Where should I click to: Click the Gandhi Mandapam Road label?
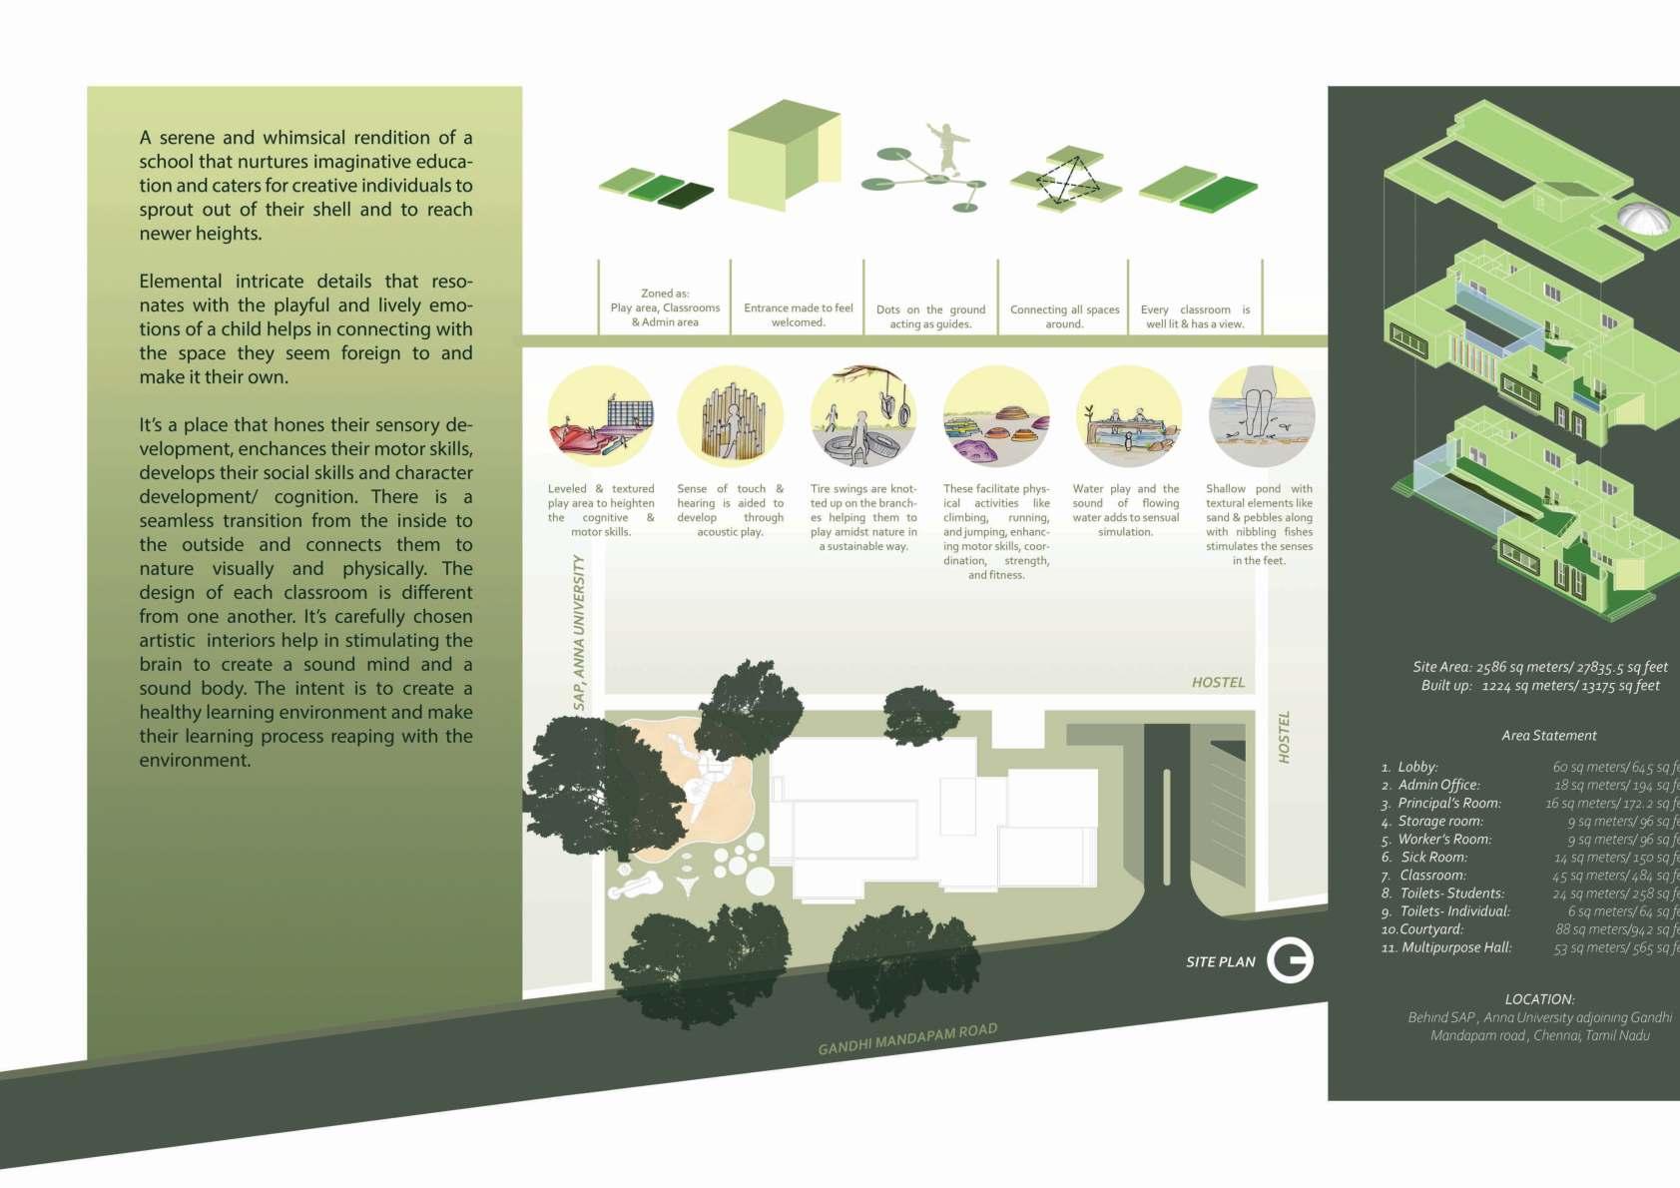click(907, 1039)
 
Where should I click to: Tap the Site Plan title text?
click(1220, 962)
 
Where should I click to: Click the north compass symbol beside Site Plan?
click(1290, 960)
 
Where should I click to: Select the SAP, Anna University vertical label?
click(579, 633)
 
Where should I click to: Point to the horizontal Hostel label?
click(1218, 683)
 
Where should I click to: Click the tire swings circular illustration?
click(863, 417)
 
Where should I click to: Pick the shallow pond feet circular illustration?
click(1261, 417)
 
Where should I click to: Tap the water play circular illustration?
click(1129, 417)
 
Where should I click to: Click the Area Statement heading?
click(1548, 736)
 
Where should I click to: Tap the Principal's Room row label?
click(1448, 804)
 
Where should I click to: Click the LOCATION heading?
click(1539, 999)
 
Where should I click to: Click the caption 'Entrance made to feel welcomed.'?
click(799, 315)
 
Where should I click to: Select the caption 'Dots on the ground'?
click(930, 310)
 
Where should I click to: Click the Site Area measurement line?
click(1539, 667)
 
